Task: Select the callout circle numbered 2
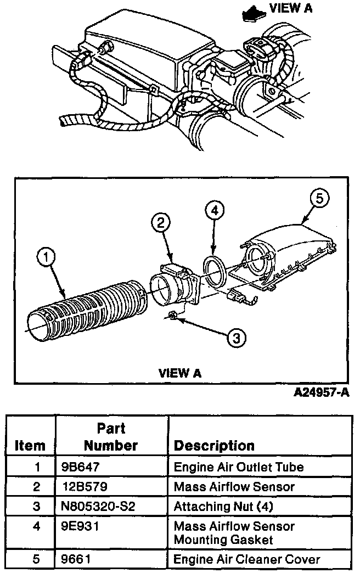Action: tap(160, 223)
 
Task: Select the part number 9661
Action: tap(75, 560)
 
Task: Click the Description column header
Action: tap(214, 445)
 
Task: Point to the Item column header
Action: tap(30, 445)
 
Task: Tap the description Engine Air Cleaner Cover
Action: tap(246, 560)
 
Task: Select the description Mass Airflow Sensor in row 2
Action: tap(234, 487)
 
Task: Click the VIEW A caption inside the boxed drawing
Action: tap(180, 373)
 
